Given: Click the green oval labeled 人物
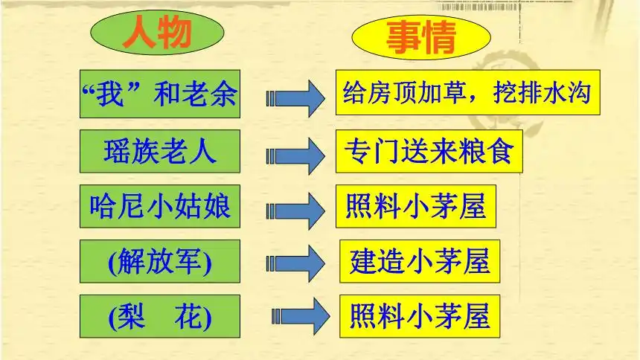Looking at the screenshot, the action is [157, 33].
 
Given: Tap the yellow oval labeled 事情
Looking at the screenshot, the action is [421, 37].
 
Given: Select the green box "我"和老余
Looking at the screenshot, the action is [160, 94].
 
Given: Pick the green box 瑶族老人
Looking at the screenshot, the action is [160, 152].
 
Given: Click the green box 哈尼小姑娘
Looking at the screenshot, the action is [160, 206].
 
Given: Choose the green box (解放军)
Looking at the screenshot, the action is [160, 261].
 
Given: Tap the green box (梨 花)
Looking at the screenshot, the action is [160, 316].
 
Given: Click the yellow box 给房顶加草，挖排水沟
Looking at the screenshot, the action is [468, 92].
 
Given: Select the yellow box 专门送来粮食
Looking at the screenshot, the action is [429, 152].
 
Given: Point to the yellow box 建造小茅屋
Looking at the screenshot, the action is [420, 261].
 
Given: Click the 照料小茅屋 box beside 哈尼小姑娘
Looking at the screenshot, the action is [416, 206].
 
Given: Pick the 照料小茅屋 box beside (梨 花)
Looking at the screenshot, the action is [420, 316].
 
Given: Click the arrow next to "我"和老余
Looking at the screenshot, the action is [295, 98].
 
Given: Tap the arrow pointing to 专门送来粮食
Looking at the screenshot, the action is [295, 156].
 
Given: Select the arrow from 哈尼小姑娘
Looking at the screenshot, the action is [295, 211].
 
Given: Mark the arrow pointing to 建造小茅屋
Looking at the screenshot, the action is [295, 263].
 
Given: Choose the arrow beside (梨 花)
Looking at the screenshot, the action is [301, 316].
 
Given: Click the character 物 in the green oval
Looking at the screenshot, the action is [175, 33].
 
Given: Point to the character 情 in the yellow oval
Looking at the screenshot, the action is [439, 37].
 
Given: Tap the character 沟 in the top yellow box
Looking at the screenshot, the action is [579, 92].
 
